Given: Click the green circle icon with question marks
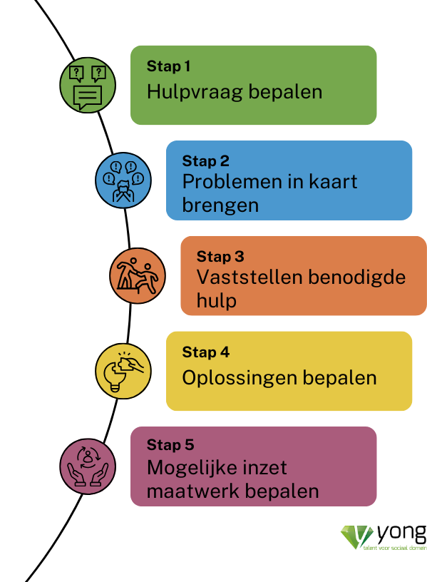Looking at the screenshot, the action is click(88, 85).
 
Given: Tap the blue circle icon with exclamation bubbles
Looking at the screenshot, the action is click(123, 180).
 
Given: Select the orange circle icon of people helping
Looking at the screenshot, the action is click(138, 276).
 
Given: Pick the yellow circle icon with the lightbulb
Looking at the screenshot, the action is click(123, 371).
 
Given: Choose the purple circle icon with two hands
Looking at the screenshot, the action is click(88, 466).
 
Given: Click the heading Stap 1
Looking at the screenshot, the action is click(168, 66).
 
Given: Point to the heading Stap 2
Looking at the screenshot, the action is click(205, 161).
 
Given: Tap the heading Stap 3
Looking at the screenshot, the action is click(220, 257).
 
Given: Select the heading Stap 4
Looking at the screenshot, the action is click(205, 352).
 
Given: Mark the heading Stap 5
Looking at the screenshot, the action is click(170, 444).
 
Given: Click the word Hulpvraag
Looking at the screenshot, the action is click(195, 93).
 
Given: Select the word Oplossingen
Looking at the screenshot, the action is click(240, 378).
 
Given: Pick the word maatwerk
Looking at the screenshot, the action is click(193, 491).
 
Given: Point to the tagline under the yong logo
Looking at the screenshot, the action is click(395, 548).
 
